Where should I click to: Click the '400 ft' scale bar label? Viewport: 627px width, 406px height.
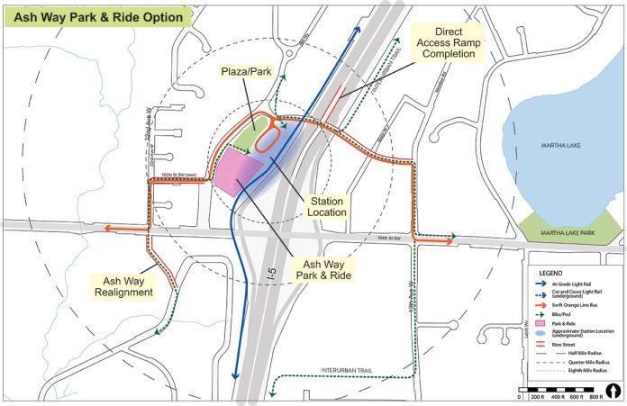[x=560, y=398]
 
